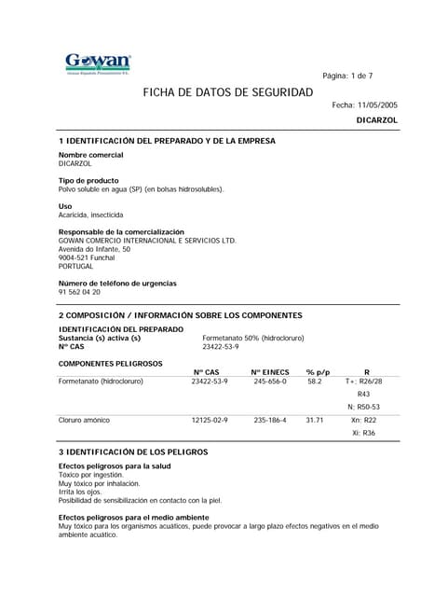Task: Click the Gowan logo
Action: coord(98,62)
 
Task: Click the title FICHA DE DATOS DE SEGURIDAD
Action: coord(227,93)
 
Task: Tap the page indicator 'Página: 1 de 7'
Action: coord(346,76)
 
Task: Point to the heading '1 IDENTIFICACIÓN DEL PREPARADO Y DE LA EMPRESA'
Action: coord(167,141)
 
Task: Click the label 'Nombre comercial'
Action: coord(90,154)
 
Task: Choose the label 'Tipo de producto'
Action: coord(88,180)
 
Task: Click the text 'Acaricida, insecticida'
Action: coord(90,215)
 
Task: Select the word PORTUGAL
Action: coord(76,266)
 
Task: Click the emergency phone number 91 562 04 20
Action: coord(79,292)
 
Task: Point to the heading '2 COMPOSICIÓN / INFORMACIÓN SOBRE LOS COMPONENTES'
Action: coord(181,315)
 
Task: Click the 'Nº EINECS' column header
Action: coord(270,372)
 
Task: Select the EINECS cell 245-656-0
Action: coord(270,382)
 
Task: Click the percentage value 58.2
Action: coord(314,382)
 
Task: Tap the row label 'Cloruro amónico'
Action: coord(84,421)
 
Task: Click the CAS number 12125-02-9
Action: coord(210,421)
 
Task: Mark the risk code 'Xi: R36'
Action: coord(363,433)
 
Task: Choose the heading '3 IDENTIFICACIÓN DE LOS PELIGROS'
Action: coord(133,451)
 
